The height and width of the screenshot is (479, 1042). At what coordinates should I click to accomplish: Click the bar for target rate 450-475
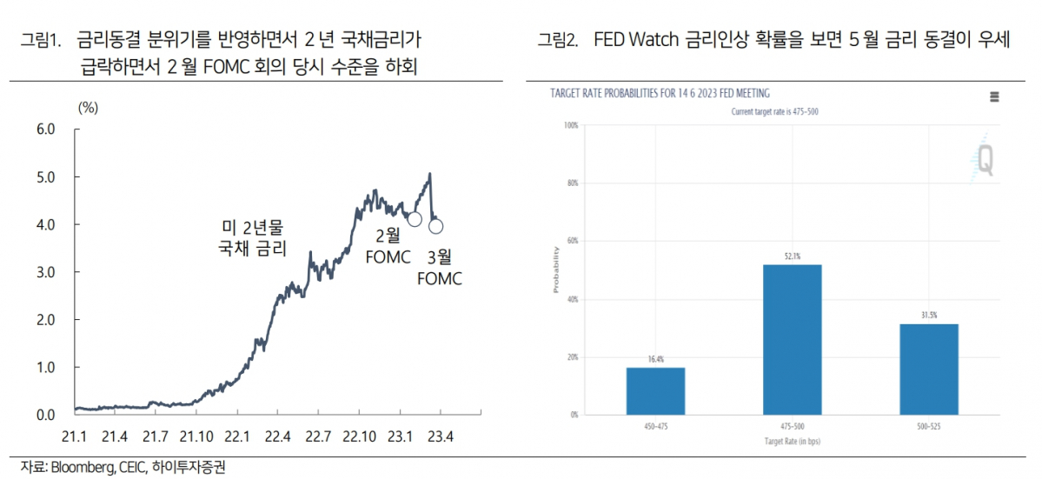[x=655, y=390]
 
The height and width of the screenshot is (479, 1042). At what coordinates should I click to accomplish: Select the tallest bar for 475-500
[x=792, y=339]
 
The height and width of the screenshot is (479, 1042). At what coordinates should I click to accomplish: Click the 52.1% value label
[x=792, y=256]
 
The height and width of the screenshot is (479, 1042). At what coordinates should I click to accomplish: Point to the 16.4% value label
[x=655, y=359]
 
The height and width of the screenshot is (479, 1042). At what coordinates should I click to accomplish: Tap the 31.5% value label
[x=928, y=316]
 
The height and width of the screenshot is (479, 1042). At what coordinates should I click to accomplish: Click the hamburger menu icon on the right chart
[x=994, y=96]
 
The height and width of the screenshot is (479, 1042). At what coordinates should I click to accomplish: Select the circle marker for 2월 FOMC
[x=415, y=219]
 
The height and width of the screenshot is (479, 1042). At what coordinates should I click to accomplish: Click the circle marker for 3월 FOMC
[x=436, y=227]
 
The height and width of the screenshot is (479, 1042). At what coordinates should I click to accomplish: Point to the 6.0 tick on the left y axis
[x=44, y=130]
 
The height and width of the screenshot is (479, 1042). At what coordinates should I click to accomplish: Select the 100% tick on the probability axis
[x=571, y=125]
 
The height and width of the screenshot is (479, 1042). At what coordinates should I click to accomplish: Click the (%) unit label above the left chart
[x=89, y=108]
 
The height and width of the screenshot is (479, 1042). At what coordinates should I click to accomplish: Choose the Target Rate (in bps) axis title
[x=792, y=442]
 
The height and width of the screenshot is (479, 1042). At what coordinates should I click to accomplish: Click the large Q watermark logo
[x=985, y=160]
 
